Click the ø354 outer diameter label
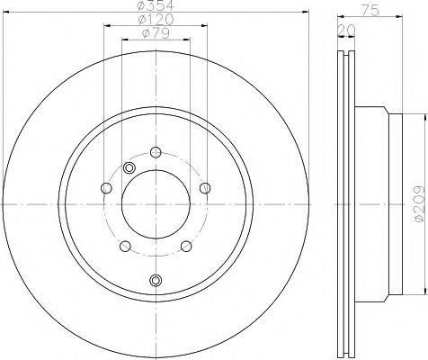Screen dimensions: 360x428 click(155, 6)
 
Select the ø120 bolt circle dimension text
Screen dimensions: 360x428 click(155, 21)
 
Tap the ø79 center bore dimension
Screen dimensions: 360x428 click(154, 35)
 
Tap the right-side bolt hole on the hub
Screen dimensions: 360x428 click(206, 187)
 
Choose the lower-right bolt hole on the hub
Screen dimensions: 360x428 click(185, 246)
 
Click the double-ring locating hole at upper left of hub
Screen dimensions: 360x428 click(129, 168)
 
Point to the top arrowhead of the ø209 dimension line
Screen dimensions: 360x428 click(419, 115)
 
